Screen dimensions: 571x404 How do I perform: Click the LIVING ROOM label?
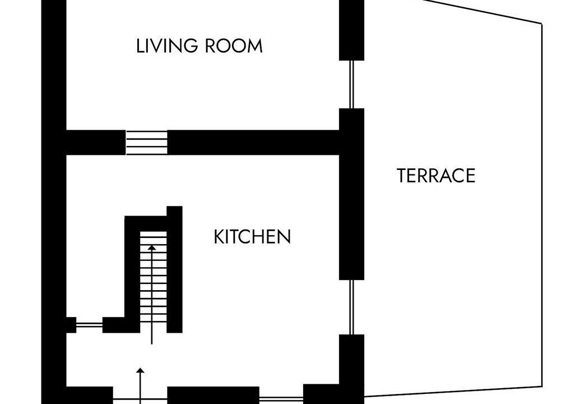click(x=199, y=46)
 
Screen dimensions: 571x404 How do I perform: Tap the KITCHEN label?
click(x=252, y=237)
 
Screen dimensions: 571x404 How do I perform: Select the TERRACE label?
click(x=436, y=176)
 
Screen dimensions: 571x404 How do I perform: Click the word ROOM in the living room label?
click(x=234, y=46)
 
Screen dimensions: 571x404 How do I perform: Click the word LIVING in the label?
click(x=167, y=46)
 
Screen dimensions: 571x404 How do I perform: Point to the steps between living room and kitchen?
click(x=146, y=143)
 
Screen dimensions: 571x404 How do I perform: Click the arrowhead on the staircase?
click(x=151, y=247)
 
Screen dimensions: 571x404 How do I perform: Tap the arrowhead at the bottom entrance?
click(x=140, y=370)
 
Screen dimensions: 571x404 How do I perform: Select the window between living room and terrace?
click(x=351, y=84)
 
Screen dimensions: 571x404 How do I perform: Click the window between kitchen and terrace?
click(x=351, y=307)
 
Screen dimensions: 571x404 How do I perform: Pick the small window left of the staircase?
click(x=89, y=325)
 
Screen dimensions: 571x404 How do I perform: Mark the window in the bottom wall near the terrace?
click(x=281, y=398)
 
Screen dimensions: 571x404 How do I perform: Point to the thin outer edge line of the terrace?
click(x=542, y=204)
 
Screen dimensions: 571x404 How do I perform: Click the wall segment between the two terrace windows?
click(x=351, y=194)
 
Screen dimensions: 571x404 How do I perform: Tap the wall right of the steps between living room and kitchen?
click(x=253, y=143)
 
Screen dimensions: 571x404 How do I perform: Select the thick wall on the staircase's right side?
click(x=174, y=269)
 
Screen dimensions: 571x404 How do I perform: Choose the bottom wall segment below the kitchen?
click(x=213, y=395)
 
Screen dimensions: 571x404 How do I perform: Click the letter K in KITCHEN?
click(x=218, y=237)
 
